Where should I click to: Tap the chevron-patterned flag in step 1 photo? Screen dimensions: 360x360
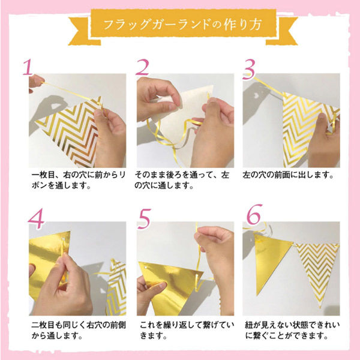(x=75, y=123)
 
